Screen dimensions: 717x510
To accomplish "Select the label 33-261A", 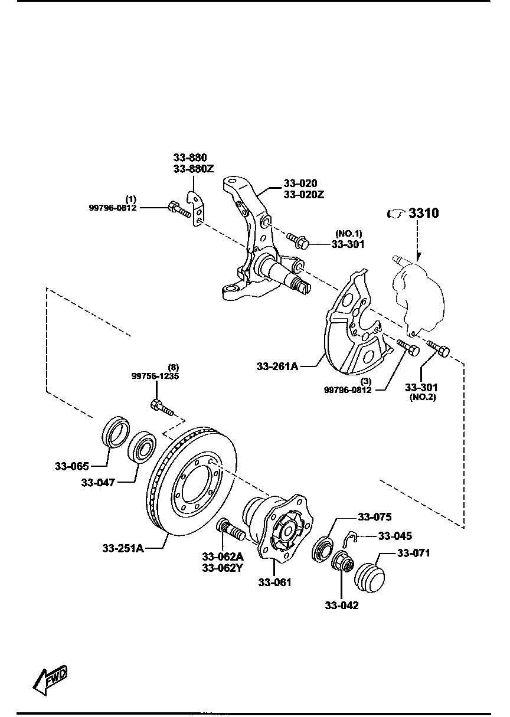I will (x=277, y=366).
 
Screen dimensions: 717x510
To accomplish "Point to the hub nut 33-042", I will (x=342, y=562).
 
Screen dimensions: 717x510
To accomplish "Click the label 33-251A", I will (x=123, y=548).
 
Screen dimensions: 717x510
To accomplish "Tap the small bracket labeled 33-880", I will (x=195, y=208).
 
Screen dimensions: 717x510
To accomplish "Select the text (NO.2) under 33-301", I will (x=421, y=398).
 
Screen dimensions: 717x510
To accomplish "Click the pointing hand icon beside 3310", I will (x=395, y=214).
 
